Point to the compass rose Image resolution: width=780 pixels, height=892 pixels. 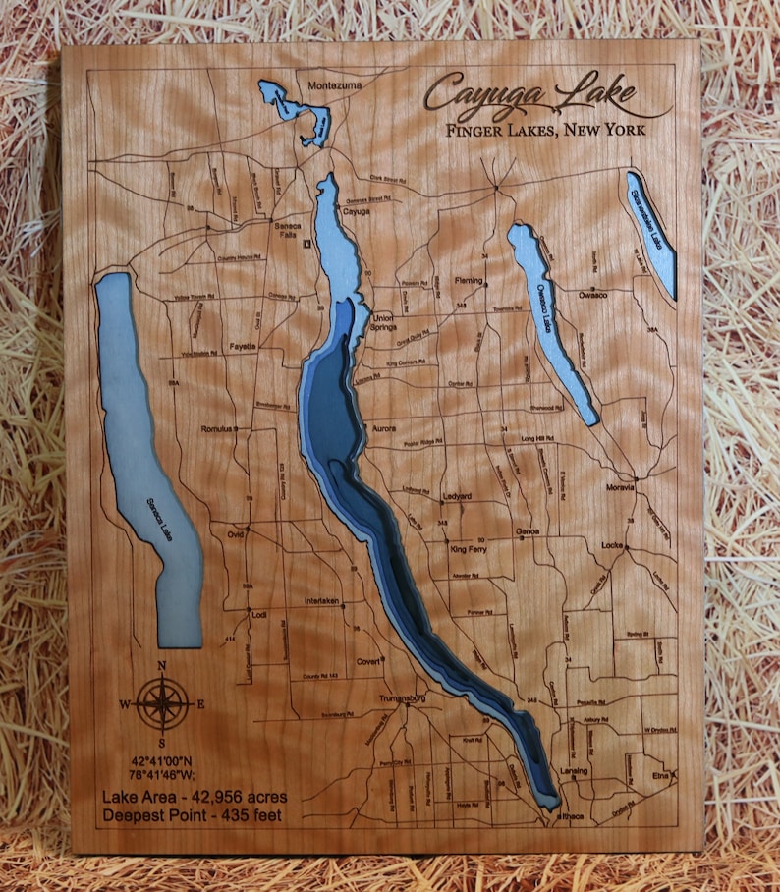163,701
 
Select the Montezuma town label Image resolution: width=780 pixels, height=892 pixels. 335,86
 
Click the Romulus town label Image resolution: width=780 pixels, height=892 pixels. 215,429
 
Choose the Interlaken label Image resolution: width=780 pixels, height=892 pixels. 321,600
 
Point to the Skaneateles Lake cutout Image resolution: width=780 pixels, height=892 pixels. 650,232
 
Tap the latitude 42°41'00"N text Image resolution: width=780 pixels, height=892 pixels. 163,760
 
